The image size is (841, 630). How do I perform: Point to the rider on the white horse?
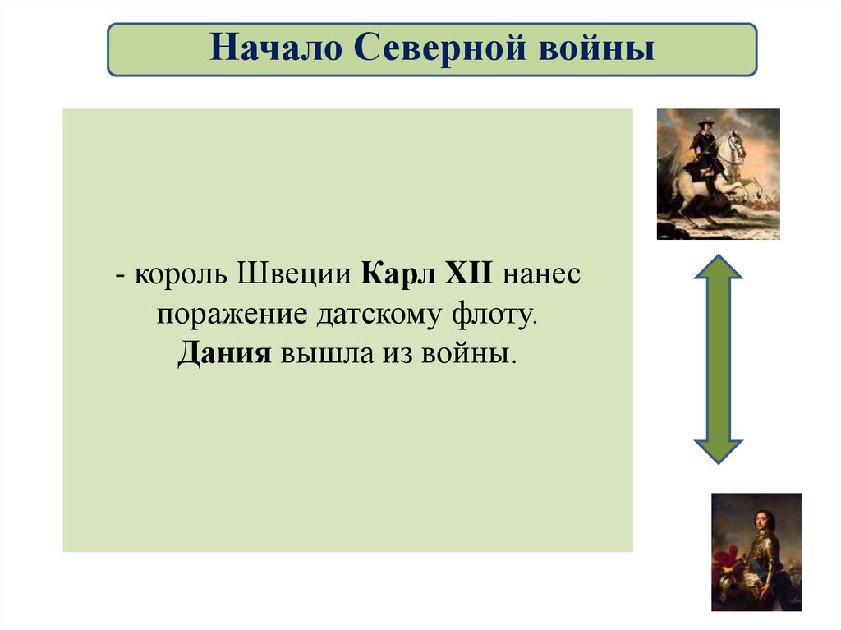[x=704, y=148]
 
